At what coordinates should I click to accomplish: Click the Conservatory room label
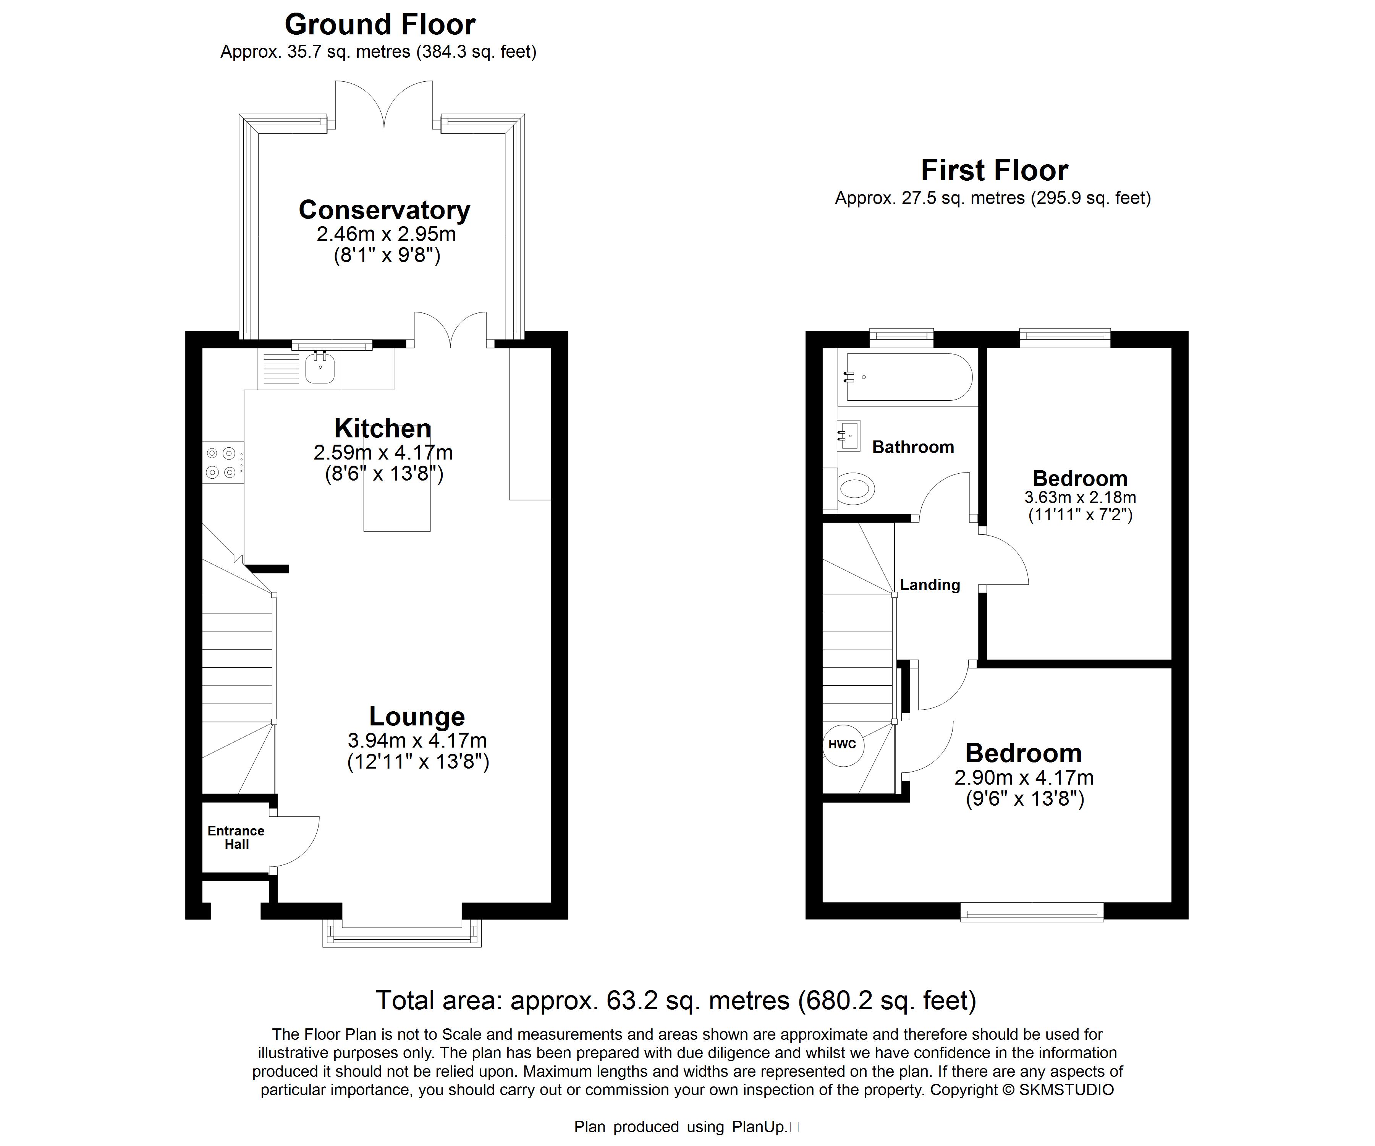384,210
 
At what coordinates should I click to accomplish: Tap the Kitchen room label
383,428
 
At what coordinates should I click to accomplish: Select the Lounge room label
417,716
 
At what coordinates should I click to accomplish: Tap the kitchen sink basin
321,368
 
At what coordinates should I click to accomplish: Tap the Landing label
930,585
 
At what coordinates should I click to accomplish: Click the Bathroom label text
913,447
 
